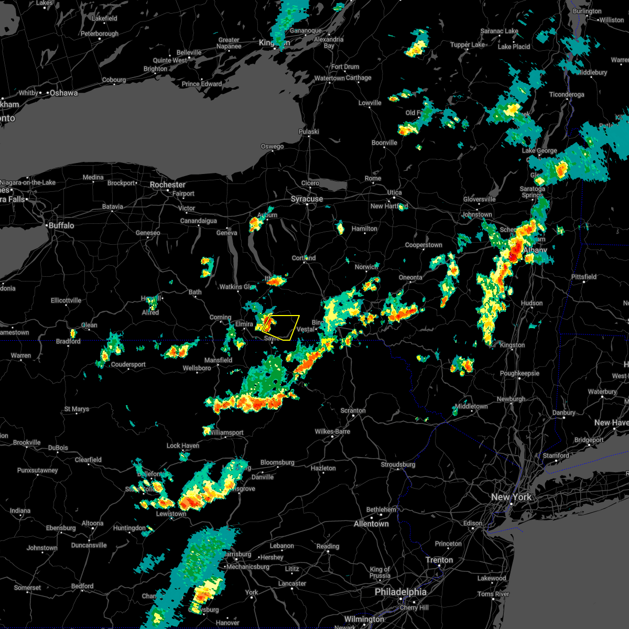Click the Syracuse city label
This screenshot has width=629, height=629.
pos(307,199)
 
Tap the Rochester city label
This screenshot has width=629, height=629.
pos(168,185)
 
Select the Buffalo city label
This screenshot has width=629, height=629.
pos(61,225)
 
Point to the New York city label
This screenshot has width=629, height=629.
pos(511,497)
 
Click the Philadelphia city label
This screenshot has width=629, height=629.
pos(400,592)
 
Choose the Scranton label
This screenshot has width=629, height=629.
pos(353,410)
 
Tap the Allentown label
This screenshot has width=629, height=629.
pos(371,524)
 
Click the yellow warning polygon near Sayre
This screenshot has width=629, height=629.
pos(283,327)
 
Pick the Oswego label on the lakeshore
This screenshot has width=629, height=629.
pos(272,146)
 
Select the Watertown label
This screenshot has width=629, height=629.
pos(330,79)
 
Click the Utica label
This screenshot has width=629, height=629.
pos(394,192)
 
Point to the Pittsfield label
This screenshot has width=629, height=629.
pos(584,277)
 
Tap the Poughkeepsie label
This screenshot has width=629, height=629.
pos(519,374)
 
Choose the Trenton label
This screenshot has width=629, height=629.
pos(439,560)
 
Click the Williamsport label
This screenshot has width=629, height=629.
pos(226,433)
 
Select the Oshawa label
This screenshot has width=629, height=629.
pos(64,93)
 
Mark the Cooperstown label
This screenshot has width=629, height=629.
pos(424,245)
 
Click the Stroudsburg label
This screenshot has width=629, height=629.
pos(398,464)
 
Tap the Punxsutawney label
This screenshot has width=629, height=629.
pos(37,470)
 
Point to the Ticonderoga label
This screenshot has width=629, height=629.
pos(566,95)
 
